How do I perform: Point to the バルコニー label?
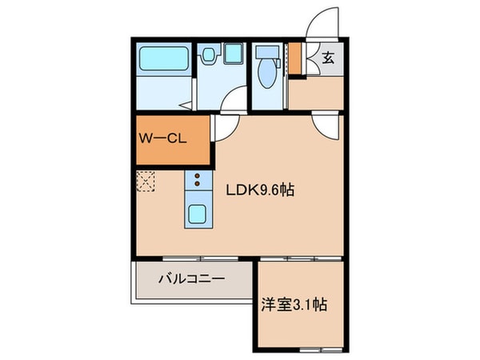(191, 279)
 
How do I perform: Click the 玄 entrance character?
(329, 58)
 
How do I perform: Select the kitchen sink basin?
(197, 214)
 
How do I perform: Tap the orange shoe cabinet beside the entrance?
(295, 56)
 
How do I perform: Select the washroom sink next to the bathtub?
(210, 54)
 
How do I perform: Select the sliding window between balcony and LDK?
(192, 258)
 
